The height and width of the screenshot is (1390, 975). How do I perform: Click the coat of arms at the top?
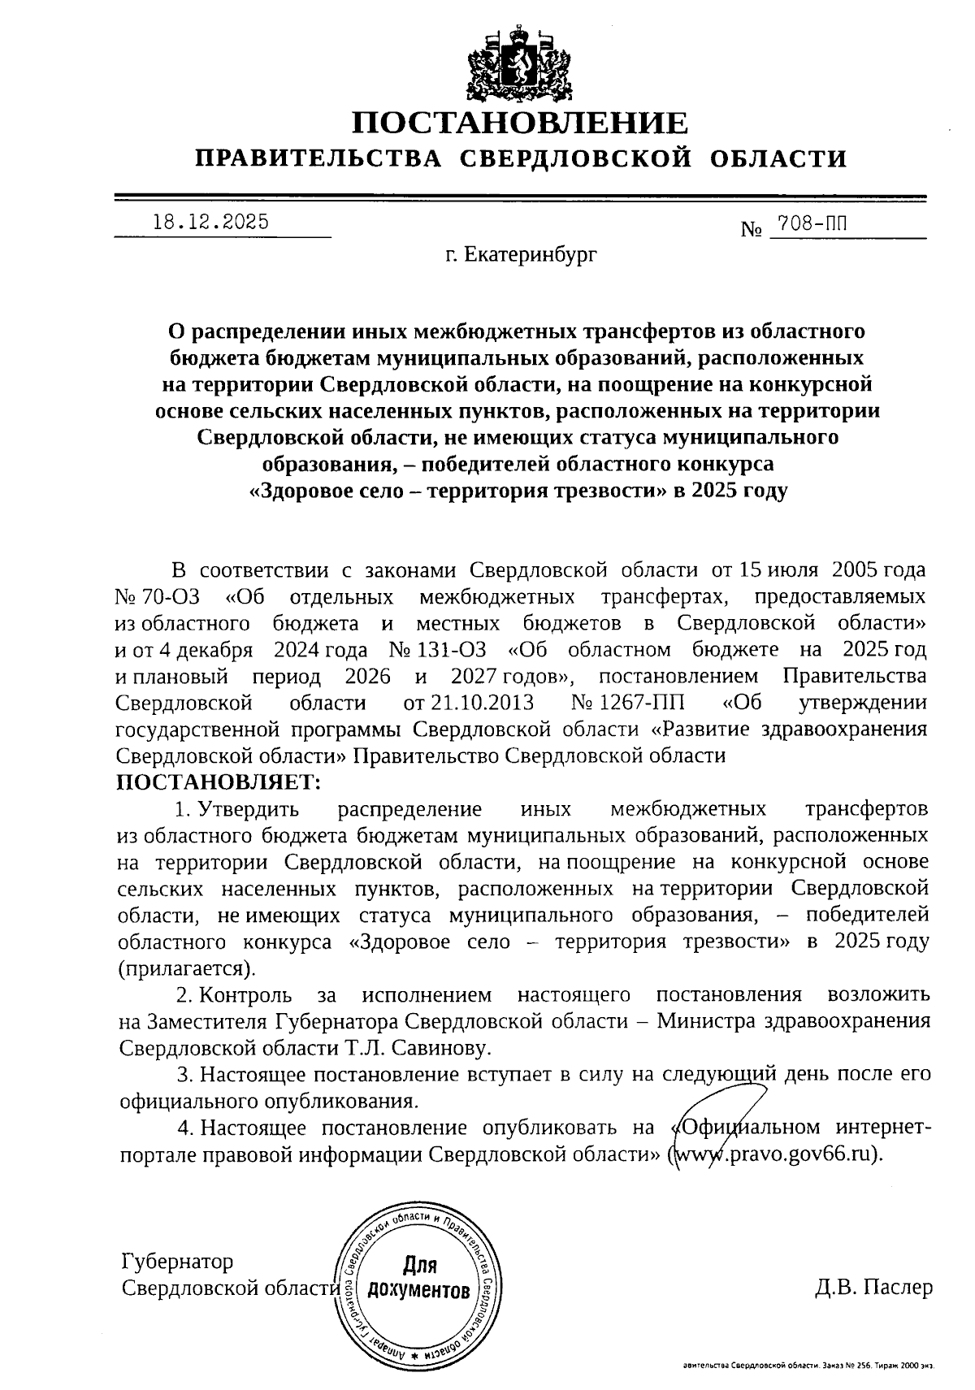click(519, 58)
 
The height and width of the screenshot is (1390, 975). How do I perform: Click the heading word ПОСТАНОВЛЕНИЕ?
click(519, 123)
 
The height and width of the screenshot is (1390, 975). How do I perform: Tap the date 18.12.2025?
click(211, 222)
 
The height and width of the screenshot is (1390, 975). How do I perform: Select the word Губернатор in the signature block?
click(176, 1261)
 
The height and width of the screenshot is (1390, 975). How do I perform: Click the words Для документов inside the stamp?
click(419, 1278)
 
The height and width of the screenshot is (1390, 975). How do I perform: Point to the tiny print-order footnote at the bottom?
click(808, 1367)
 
